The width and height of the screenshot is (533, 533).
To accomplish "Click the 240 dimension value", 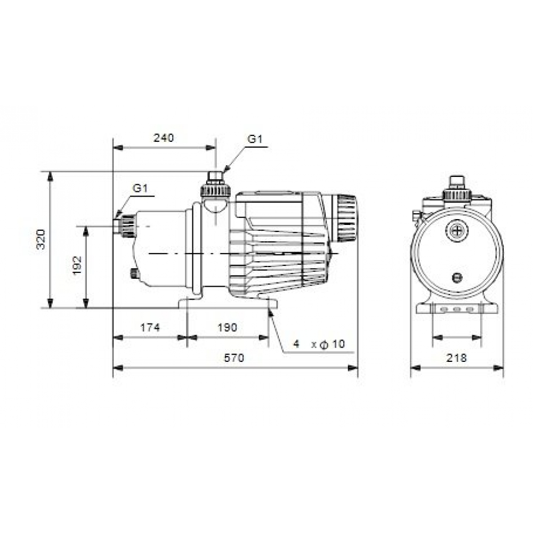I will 164,138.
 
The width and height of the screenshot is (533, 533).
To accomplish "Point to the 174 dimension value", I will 150,328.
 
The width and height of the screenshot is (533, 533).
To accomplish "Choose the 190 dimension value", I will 228,328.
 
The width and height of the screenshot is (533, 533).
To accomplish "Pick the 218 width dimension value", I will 456,358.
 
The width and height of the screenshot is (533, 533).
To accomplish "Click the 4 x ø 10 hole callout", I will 319,345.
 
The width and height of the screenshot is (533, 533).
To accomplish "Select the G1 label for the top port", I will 255,139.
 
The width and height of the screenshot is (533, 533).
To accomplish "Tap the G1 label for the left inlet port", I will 140,188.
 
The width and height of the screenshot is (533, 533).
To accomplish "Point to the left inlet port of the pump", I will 123,225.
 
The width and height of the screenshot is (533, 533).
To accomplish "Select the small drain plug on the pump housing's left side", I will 133,274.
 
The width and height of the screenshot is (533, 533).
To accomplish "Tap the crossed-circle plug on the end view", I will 457,230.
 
